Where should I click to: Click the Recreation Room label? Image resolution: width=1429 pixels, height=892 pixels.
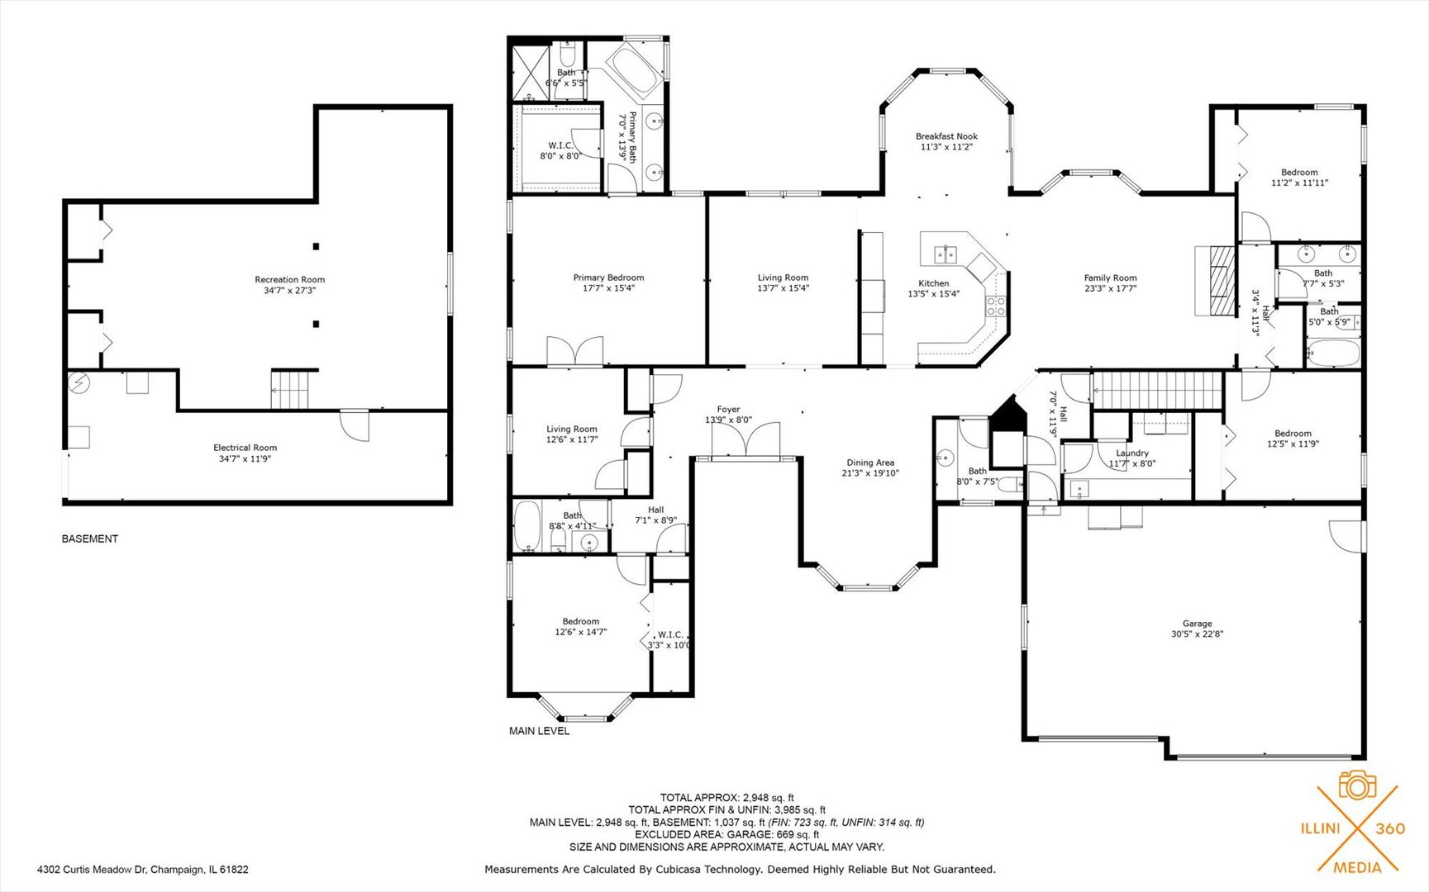pyautogui.click(x=289, y=285)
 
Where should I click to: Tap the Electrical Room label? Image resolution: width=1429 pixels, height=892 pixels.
pyautogui.click(x=245, y=453)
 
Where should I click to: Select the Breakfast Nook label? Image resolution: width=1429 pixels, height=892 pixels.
pyautogui.click(x=946, y=141)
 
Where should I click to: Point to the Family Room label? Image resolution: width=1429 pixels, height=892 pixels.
pyautogui.click(x=1110, y=283)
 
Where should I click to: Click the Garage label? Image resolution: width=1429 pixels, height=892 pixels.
pyautogui.click(x=1197, y=629)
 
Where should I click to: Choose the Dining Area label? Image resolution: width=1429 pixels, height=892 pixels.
pyautogui.click(x=870, y=468)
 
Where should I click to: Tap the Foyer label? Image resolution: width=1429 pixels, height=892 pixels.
pyautogui.click(x=728, y=415)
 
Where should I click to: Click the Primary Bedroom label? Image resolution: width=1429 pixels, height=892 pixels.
pyautogui.click(x=608, y=282)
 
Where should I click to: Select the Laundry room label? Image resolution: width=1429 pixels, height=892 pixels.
pyautogui.click(x=1131, y=458)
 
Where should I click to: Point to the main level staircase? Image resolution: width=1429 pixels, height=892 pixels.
pyautogui.click(x=1157, y=390)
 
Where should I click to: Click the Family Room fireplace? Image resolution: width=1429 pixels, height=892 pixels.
pyautogui.click(x=1214, y=280)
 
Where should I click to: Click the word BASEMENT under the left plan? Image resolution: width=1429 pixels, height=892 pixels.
pyautogui.click(x=90, y=539)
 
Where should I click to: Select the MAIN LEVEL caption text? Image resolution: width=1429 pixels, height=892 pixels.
pyautogui.click(x=539, y=731)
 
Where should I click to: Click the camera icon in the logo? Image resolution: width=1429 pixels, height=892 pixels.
pyautogui.click(x=1356, y=785)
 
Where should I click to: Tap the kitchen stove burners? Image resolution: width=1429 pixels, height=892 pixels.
pyautogui.click(x=996, y=306)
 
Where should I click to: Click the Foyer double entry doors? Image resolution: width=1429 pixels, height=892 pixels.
pyautogui.click(x=745, y=439)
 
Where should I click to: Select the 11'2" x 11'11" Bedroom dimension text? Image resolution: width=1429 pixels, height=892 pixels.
pyautogui.click(x=1299, y=183)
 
